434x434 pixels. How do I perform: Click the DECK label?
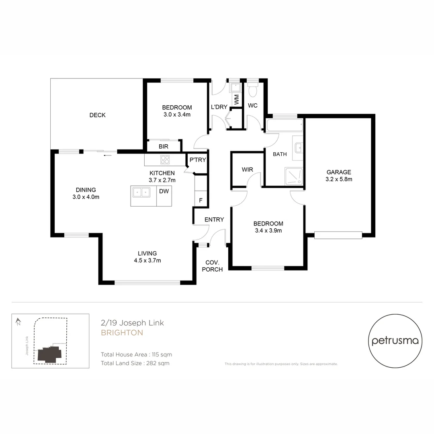pos(97,115)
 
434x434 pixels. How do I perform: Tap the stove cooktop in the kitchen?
pos(165,160)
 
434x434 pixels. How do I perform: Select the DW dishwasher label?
pos(164,192)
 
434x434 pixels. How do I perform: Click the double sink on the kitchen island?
pos(140,192)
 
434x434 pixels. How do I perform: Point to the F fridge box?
pos(201,200)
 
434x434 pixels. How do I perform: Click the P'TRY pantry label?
pos(198,160)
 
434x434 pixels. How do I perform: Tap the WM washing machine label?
pos(237,100)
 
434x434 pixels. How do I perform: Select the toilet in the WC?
pos(253,90)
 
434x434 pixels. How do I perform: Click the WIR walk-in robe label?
pos(248,170)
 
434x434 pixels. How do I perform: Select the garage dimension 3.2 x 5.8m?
pos(339,179)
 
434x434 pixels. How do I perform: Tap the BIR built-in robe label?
pos(164,147)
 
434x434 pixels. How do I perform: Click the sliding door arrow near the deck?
pos(107,155)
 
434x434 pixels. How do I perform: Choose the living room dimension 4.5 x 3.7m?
pos(147,260)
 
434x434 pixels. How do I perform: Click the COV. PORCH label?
pos(212,266)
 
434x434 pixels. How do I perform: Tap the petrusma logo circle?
pos(395,341)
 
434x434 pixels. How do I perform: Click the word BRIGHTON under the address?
pos(122,333)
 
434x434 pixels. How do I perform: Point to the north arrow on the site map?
pos(18,321)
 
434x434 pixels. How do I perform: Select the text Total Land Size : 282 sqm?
pos(135,363)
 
